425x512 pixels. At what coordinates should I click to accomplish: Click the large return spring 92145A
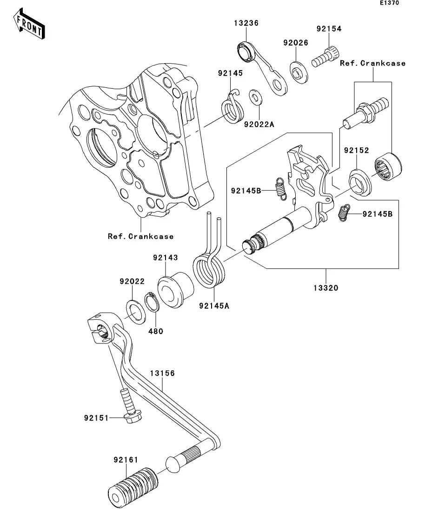pos(208,271)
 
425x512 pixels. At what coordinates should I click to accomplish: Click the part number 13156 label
pos(163,373)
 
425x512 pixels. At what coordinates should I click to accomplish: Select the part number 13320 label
pos(325,288)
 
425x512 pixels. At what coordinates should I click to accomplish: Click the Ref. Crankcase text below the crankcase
pos(140,236)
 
